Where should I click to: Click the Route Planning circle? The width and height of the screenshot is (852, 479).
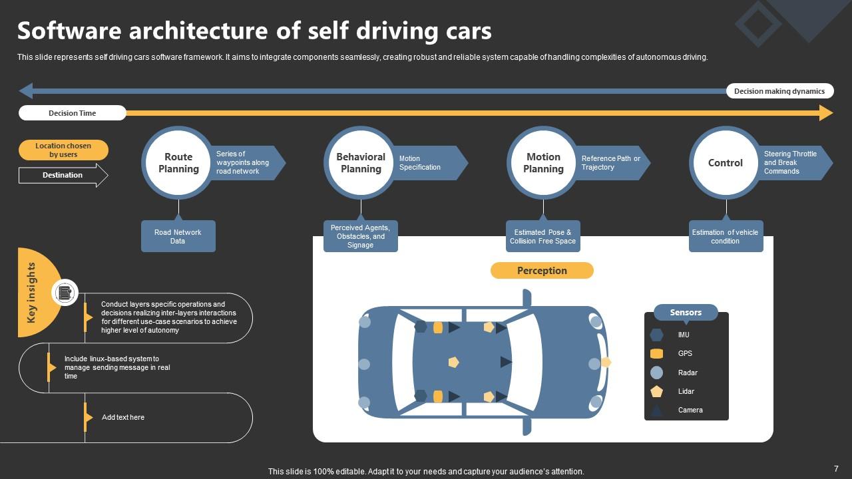pos(178,163)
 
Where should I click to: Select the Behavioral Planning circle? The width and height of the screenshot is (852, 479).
pos(361,163)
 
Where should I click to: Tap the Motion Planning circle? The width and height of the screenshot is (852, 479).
pos(543,163)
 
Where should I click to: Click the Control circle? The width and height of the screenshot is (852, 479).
pos(726,163)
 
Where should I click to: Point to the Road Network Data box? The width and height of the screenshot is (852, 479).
pos(178,237)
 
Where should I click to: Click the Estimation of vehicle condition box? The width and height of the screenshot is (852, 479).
pos(726,237)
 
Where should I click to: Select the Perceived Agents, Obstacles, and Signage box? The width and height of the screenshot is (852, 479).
pos(360,237)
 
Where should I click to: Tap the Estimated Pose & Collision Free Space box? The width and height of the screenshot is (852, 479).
pos(542,237)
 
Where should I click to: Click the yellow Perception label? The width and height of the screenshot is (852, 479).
pos(542,271)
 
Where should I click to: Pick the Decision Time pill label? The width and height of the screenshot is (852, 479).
pos(72,113)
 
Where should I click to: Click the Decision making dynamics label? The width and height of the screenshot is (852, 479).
pos(779,91)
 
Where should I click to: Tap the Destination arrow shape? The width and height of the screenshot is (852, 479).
pos(63,176)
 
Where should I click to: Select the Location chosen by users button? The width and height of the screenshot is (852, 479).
pos(63,150)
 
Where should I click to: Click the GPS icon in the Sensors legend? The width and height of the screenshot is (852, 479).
pos(656,354)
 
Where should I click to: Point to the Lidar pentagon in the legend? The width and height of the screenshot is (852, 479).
pos(656,392)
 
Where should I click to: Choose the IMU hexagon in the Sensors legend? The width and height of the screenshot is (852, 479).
pos(656,335)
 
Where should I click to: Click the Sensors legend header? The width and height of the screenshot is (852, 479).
pos(686,313)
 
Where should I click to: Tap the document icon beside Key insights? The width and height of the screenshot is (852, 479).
pos(65,293)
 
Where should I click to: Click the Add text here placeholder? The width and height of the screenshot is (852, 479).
pos(123,418)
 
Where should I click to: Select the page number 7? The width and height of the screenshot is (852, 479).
pos(836,469)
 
